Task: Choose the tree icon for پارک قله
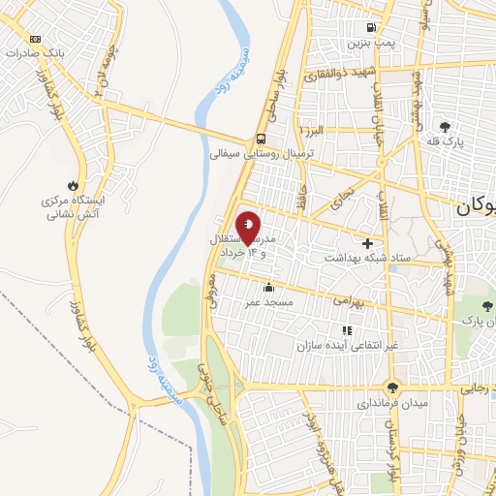click(x=446, y=126)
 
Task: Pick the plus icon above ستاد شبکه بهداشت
click(x=366, y=242)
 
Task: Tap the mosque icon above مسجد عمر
click(x=268, y=287)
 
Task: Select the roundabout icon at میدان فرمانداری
click(x=392, y=385)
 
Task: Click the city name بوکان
click(x=476, y=206)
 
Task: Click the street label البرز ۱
click(x=316, y=130)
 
